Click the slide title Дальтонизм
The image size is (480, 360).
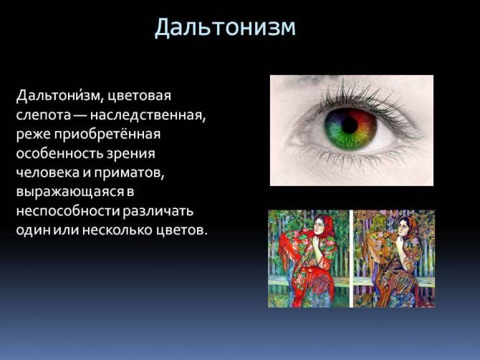(x=225, y=28)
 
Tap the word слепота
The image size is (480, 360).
(x=42, y=115)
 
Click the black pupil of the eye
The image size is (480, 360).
(x=350, y=125)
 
